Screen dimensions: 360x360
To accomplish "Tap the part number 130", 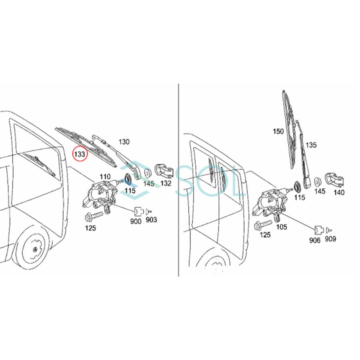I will coord(124,142).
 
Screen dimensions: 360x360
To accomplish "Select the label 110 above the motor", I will coord(105,177).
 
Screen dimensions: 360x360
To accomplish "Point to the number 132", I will coord(165,184).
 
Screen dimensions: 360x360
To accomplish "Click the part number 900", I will coord(136,221).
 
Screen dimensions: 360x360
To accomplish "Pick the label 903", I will coord(151,220).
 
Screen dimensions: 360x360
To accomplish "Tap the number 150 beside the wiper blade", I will coord(278,131).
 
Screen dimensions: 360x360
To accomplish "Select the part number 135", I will coord(311,145).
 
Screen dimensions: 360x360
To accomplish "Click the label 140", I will coord(339,192).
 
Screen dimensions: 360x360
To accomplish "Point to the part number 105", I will coord(282,227).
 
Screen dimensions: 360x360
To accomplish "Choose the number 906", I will coord(316,241).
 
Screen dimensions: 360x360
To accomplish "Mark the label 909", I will coord(330,239).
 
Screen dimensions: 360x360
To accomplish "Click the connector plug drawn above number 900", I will coord(138,211).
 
